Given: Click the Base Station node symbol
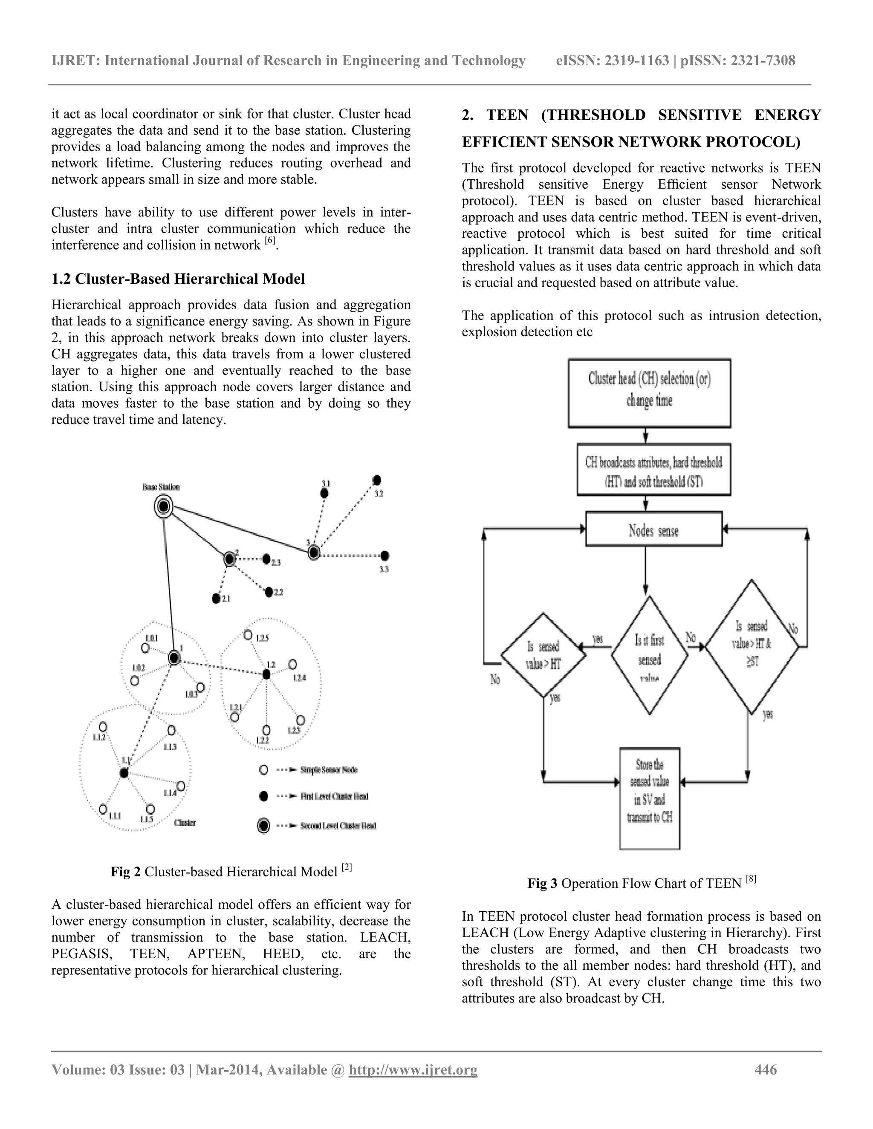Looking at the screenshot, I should coord(163,507).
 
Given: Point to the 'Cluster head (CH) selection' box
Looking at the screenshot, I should coord(650,393).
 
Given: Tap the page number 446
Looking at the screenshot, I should coord(766,1069).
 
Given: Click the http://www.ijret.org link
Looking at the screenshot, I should coord(413,1069).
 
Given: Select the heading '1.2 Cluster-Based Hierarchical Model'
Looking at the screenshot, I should coord(178,279).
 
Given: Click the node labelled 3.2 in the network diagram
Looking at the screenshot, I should coord(377,480).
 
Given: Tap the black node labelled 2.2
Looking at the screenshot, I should coord(269,592).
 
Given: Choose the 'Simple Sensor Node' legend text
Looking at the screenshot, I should coord(329,770).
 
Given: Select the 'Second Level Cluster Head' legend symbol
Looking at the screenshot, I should coord(263,826).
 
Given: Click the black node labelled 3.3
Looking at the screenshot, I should coord(385,556).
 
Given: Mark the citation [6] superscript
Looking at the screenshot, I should coord(270,241).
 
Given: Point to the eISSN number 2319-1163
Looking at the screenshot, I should coord(637,61).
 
